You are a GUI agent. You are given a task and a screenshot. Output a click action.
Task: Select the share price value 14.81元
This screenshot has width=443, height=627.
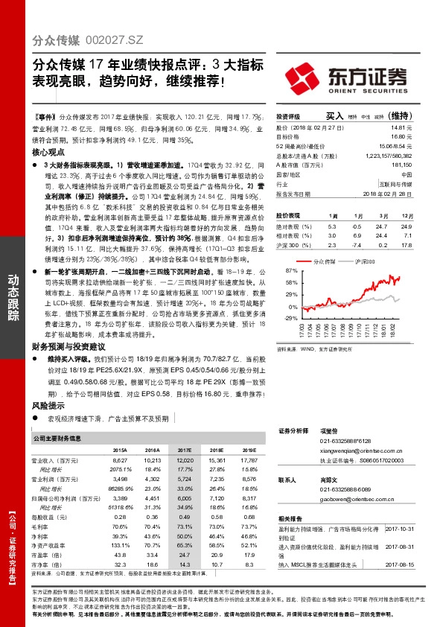pos(401,128)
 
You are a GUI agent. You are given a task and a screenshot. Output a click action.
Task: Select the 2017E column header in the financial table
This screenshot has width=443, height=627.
pos(185,451)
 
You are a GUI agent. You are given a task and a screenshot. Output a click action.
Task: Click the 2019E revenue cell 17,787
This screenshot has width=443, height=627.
pos(248,461)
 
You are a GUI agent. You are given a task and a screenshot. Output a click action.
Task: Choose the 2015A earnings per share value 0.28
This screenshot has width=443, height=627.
pos(121,515)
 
